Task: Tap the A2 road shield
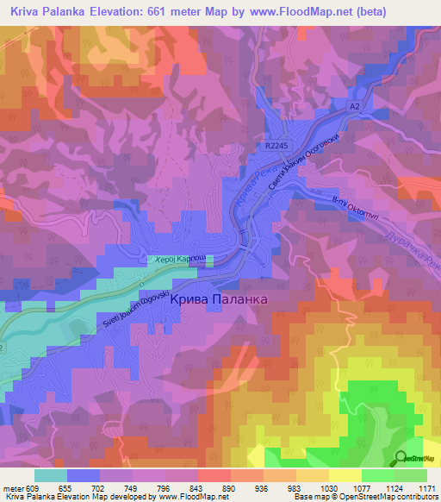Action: pyautogui.click(x=353, y=105)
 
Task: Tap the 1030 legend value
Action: pyautogui.click(x=328, y=487)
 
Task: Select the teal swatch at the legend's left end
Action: pyautogui.click(x=50, y=475)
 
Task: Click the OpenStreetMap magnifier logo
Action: pyautogui.click(x=401, y=457)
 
